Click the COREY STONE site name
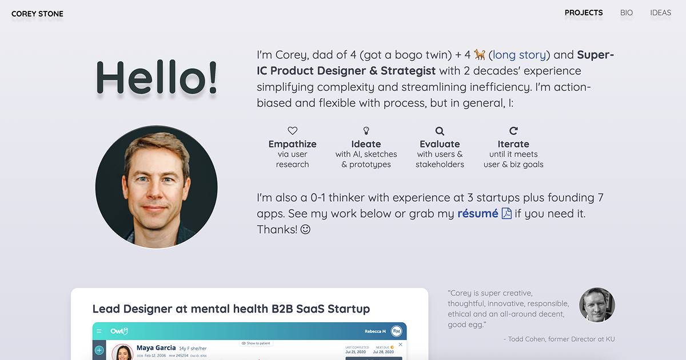37,14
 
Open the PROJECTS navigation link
583,13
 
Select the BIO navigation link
627,13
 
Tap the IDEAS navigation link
660,13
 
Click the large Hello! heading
157,77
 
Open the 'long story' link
520,55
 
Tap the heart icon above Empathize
292,131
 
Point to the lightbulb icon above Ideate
366,131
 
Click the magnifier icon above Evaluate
440,131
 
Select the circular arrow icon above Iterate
513,131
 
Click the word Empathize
292,144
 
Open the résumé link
478,214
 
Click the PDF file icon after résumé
506,214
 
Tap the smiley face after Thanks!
305,230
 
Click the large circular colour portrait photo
156,187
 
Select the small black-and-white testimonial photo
597,305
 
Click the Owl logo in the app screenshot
119,331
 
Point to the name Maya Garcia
156,347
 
